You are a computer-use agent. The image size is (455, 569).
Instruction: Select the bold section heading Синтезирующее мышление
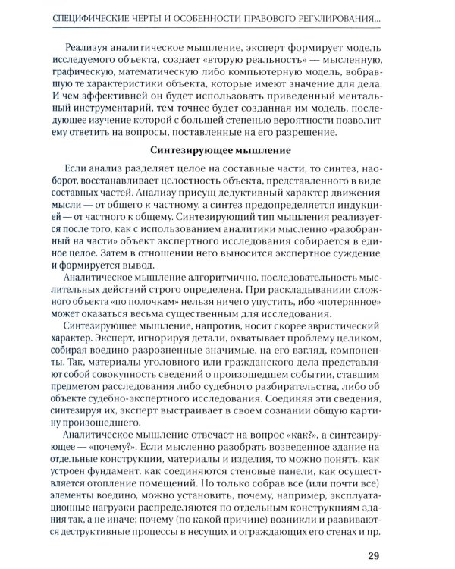(227, 151)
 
